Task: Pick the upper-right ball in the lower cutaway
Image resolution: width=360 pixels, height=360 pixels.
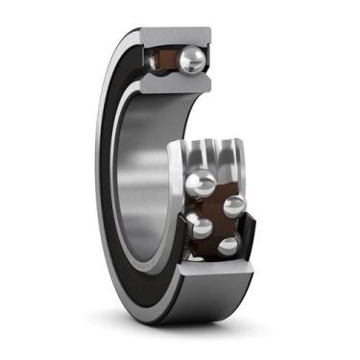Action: (233, 205)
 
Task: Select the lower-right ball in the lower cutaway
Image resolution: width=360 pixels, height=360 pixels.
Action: (228, 246)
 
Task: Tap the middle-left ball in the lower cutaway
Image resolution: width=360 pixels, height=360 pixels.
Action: (200, 227)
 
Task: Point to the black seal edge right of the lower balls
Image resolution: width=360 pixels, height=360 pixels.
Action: (252, 230)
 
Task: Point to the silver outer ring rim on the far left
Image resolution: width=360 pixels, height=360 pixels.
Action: (99, 173)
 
